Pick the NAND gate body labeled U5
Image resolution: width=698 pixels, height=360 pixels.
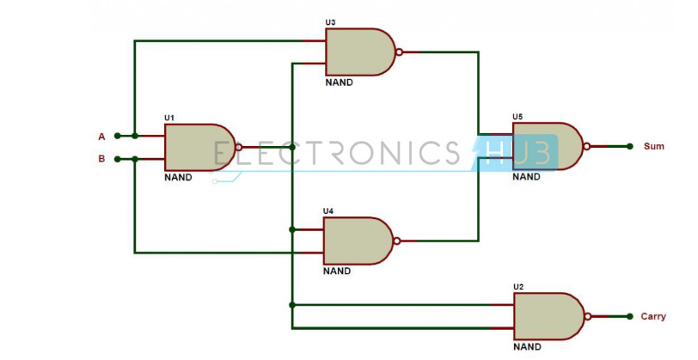pos(547,146)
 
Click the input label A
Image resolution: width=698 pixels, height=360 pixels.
pos(101,136)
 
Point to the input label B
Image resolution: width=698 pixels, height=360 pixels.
pos(101,159)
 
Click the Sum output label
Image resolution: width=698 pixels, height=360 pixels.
pos(654,147)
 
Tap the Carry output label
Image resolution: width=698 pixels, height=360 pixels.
pos(653,316)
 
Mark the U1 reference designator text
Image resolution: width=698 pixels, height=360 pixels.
pos(169,118)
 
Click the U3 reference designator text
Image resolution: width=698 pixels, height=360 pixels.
pos(331,22)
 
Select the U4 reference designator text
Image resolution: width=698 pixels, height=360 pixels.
pos(328,211)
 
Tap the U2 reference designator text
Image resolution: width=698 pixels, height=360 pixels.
pos(518,286)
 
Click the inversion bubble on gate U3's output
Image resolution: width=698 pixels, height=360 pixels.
pos(399,52)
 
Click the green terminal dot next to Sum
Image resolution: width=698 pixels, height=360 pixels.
pos(630,147)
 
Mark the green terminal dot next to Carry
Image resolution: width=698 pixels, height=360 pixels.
pos(630,316)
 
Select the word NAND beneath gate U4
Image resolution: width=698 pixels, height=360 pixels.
pos(337,271)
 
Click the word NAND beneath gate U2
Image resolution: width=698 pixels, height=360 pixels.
pos(527,347)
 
